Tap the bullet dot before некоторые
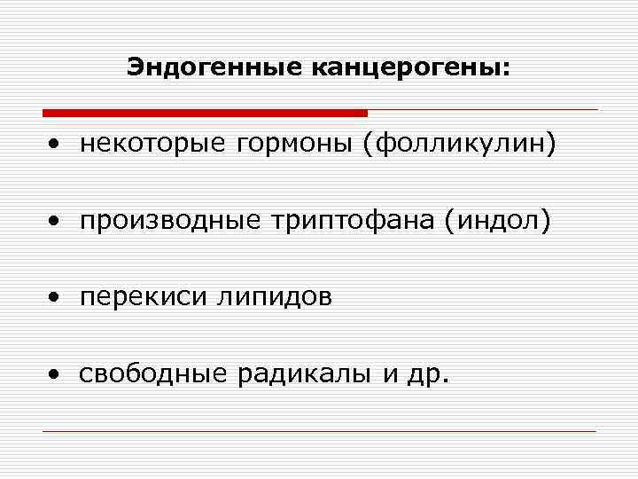(x=55, y=145)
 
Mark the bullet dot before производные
(x=55, y=222)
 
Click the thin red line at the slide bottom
(x=319, y=431)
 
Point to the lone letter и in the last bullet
(x=390, y=376)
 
